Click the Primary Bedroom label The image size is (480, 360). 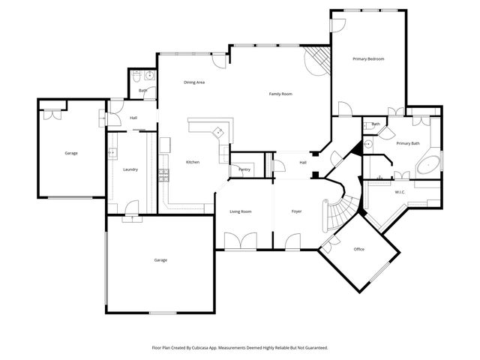point(368,58)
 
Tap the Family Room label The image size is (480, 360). point(280,94)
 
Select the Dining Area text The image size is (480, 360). point(194,82)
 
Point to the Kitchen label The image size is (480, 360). point(192,162)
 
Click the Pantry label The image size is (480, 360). point(244,169)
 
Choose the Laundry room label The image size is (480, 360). point(130,169)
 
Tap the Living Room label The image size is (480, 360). point(240,211)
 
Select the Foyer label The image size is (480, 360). point(296,211)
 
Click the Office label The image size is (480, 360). point(358,249)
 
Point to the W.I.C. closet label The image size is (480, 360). point(400,192)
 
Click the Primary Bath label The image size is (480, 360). point(408,143)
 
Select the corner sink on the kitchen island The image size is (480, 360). point(218,131)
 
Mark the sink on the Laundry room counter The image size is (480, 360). point(112,153)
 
